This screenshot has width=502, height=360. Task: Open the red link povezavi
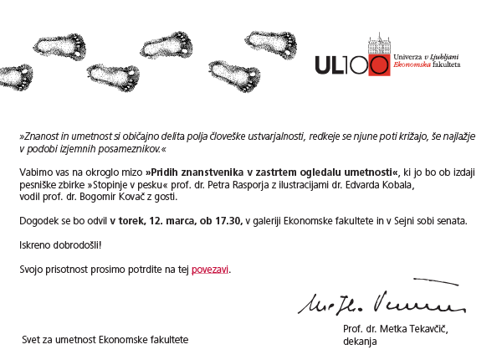click(x=210, y=270)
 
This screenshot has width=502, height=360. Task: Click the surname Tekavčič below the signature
click(x=425, y=329)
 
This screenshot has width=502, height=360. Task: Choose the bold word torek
click(x=131, y=221)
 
